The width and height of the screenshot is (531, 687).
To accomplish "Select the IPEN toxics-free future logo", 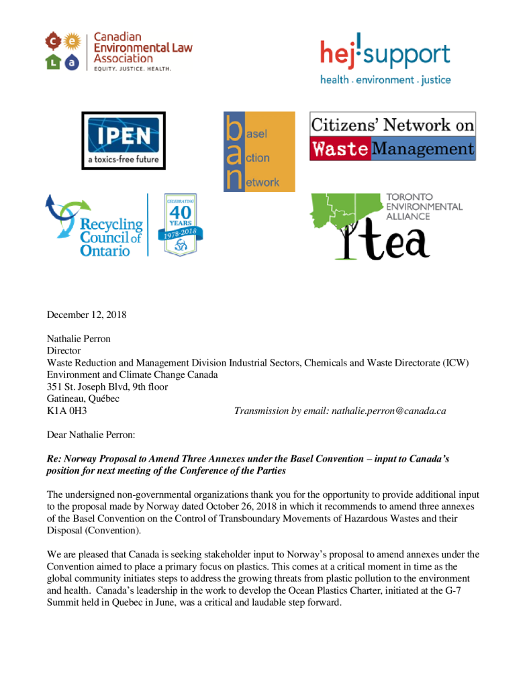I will [124, 140].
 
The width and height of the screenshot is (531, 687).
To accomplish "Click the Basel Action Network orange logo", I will [259, 152].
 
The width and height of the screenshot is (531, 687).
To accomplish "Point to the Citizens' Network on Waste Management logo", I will [392, 136].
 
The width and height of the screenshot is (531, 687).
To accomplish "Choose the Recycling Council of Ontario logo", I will [94, 225].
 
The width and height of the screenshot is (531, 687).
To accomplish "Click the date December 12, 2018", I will [87, 314].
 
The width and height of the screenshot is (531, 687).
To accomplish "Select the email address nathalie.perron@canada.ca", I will [389, 411].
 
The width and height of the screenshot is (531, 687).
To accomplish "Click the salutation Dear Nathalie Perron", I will [91, 435].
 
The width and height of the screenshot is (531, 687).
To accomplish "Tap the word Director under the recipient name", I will [64, 350].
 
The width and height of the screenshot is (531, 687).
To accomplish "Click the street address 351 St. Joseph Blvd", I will [107, 386].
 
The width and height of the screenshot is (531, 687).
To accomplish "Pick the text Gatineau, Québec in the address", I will [83, 399].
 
